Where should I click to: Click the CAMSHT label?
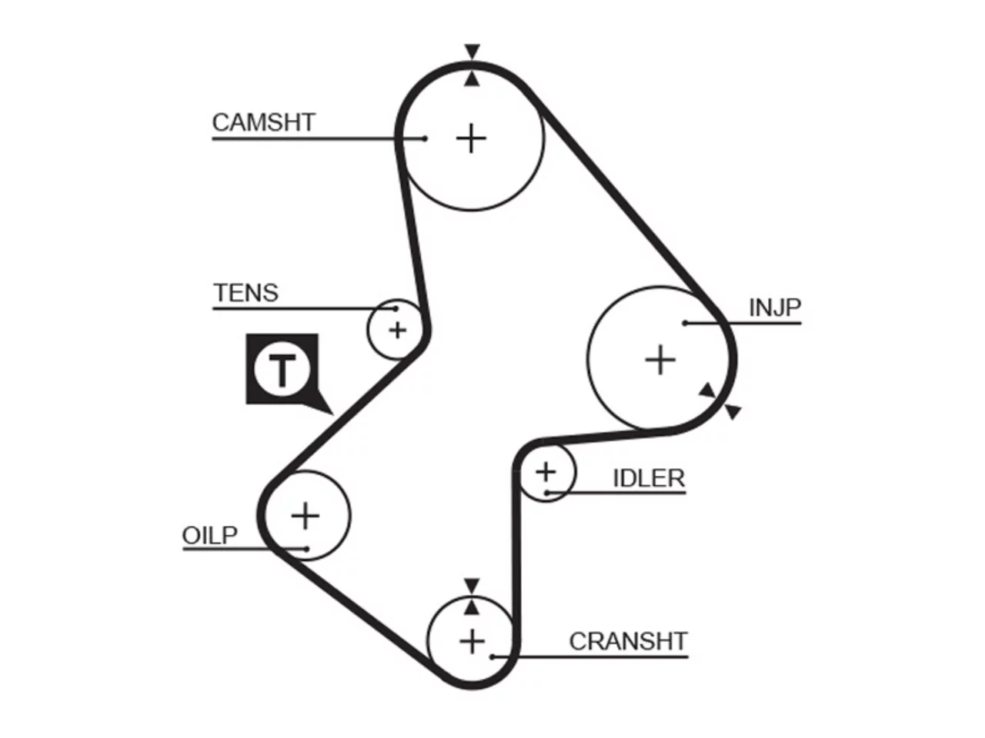263,122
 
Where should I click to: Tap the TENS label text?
245,293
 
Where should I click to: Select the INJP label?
775,307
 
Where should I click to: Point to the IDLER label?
649,478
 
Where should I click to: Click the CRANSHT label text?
628,641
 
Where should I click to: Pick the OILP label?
209,535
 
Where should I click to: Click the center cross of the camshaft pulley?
471,138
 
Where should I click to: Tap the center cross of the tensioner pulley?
397,331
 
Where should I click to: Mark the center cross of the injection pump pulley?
660,359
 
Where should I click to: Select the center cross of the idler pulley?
546,472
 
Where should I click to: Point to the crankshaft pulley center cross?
472,642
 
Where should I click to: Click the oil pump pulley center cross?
306,516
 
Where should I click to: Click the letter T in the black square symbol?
282,370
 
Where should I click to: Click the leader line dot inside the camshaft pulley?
425,138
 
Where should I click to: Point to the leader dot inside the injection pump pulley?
685,323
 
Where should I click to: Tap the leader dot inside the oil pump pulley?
307,549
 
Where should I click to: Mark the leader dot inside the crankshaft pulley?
492,657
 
